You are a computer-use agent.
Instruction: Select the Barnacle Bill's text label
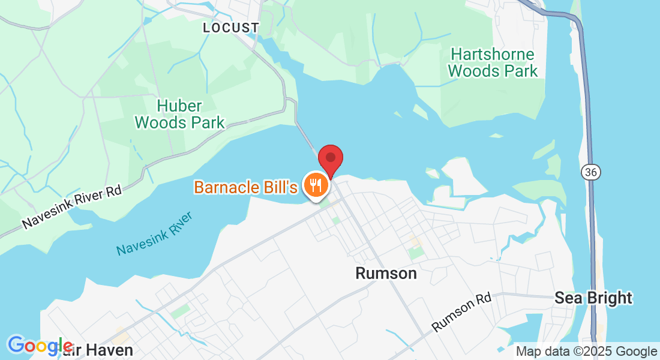(245, 187)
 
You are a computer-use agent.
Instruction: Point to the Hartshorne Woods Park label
(493, 62)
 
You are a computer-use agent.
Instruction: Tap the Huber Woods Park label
(179, 115)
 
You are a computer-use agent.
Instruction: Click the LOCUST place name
(231, 28)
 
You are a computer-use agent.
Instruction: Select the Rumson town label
(386, 273)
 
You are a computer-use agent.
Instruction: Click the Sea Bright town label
(593, 298)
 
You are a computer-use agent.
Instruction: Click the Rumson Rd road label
(462, 312)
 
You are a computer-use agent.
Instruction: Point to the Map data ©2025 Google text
(587, 352)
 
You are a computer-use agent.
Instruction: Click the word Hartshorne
(493, 55)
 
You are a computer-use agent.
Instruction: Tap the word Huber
(179, 106)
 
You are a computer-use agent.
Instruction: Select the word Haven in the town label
(111, 349)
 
